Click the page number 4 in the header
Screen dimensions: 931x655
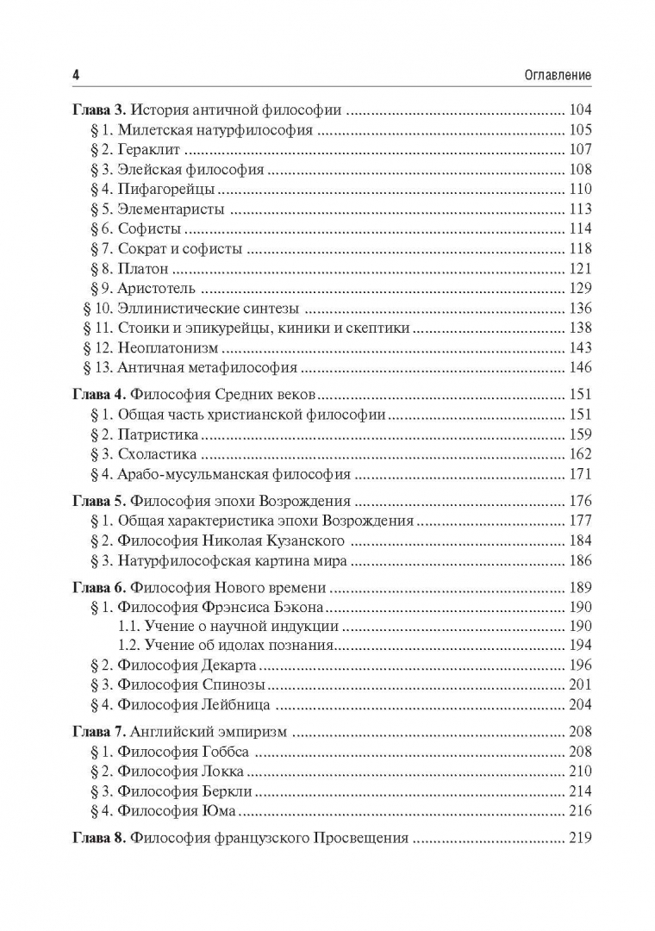[x=76, y=75]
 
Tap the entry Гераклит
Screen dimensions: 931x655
[x=147, y=150]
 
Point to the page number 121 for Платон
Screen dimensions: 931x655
[x=580, y=269]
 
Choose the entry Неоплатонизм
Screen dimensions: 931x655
[x=169, y=348]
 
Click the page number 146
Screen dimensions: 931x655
[x=580, y=368]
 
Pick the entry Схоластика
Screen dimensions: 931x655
[x=158, y=454]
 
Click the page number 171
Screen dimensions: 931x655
[x=580, y=474]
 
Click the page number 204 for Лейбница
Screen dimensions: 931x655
[x=580, y=705]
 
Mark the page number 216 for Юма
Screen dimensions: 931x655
[x=580, y=811]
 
